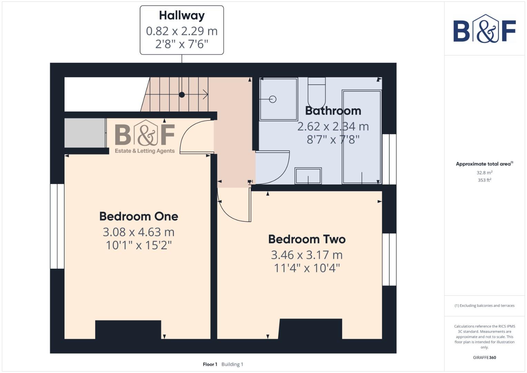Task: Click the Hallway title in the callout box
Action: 182,16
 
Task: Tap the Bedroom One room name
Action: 139,216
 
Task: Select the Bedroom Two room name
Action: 307,239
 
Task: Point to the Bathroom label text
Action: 333,111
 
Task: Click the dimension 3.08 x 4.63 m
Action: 138,232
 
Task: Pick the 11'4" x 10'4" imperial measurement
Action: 307,268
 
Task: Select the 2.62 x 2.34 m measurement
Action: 333,126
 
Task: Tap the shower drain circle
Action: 273,99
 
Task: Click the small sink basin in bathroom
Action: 308,176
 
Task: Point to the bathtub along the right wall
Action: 362,137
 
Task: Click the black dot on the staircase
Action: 182,95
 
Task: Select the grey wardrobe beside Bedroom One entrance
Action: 85,133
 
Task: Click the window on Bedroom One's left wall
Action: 57,226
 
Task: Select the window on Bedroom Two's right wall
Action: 389,259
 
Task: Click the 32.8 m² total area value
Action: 484,172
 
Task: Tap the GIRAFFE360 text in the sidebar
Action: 484,357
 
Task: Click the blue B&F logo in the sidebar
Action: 484,29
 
